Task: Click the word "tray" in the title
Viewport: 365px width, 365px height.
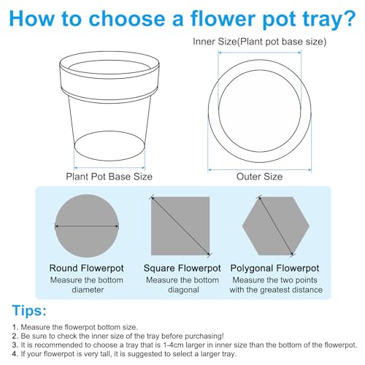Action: tap(318, 20)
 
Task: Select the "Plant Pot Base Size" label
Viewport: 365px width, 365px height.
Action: tap(109, 177)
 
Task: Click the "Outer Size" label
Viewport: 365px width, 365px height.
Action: tap(259, 177)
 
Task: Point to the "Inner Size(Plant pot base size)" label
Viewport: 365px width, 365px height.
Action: tap(259, 42)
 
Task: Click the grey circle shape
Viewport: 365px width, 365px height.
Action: tap(87, 226)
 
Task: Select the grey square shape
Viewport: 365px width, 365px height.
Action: tap(180, 226)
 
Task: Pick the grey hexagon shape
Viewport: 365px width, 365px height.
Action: tap(276, 226)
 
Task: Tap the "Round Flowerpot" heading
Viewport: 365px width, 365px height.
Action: tap(87, 268)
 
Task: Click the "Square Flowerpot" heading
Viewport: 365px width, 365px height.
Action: tap(182, 268)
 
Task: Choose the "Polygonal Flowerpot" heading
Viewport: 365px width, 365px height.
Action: tap(274, 268)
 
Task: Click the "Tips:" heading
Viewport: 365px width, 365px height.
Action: tap(29, 310)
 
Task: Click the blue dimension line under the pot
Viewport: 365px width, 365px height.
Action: tap(109, 168)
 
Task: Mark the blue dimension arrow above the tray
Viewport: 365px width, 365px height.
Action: tap(260, 53)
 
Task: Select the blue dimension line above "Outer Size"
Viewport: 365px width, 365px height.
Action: tap(260, 169)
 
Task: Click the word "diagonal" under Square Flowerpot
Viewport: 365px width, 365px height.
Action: tap(183, 290)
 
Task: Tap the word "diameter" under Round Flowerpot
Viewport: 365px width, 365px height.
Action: tap(88, 290)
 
